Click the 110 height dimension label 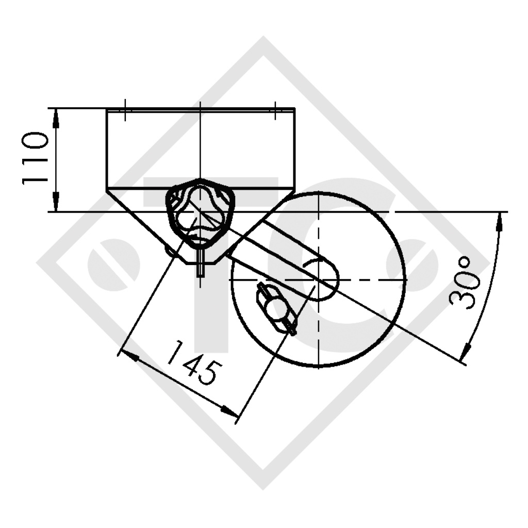pyautogui.click(x=35, y=159)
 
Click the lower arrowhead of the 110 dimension pyautogui.click(x=56, y=202)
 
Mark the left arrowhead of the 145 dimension pyautogui.click(x=127, y=356)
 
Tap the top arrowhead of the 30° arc pyautogui.click(x=499, y=223)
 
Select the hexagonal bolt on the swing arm pyautogui.click(x=276, y=309)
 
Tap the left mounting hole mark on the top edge pyautogui.click(x=125, y=110)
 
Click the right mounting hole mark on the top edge pyautogui.click(x=275, y=110)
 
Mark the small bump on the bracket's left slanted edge pyautogui.click(x=169, y=250)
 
